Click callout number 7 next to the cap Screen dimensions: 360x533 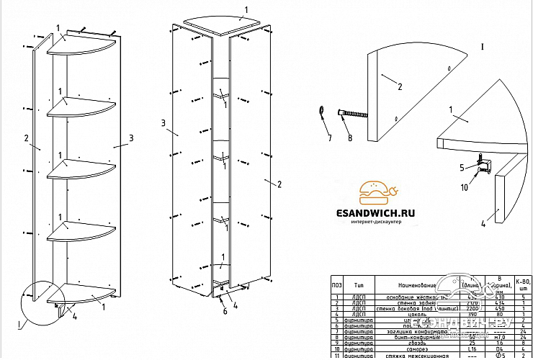click(x=328, y=137)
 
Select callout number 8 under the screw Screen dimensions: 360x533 click(x=350, y=137)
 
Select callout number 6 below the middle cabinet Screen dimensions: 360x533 click(x=225, y=310)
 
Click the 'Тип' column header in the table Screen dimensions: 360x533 click(x=352, y=284)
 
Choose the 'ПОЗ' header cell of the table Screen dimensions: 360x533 click(x=336, y=284)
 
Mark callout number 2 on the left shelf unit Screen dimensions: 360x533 click(x=26, y=138)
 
